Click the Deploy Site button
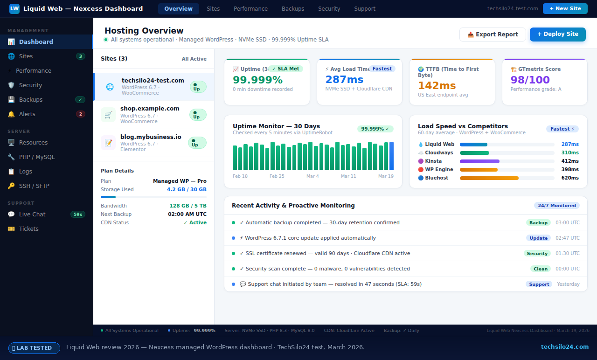coord(557,34)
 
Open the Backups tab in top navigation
coord(293,9)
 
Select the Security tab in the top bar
coord(329,9)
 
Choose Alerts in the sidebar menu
coord(27,114)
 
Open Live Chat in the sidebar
coord(32,214)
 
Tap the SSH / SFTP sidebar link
coord(34,186)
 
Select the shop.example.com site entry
coord(150,109)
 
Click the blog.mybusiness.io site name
coord(151,137)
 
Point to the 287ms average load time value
coord(344,80)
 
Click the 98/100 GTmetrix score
coord(530,80)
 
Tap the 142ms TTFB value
coord(437,85)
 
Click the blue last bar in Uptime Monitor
coord(391,156)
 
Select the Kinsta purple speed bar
coord(479,161)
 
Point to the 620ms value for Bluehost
coord(569,178)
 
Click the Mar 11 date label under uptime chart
coord(348,176)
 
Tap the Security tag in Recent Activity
coord(537,253)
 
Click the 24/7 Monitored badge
coord(556,205)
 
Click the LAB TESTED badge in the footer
coord(34,348)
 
